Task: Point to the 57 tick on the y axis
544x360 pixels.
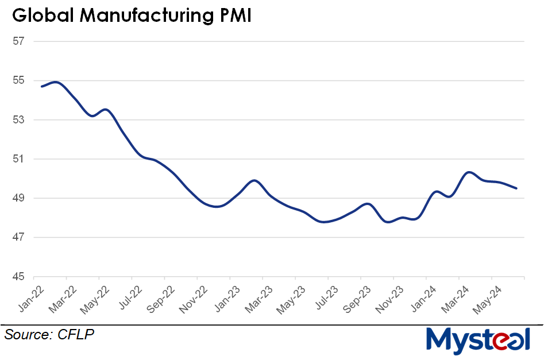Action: [20, 41]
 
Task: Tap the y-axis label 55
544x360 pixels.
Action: [20, 80]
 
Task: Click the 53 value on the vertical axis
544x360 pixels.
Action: [20, 120]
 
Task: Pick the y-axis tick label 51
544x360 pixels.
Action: [20, 159]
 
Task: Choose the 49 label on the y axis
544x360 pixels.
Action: [20, 198]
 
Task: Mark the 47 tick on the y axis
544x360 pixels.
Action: [20, 237]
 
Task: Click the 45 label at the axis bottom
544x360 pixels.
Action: [20, 277]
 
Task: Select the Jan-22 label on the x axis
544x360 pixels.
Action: [29, 298]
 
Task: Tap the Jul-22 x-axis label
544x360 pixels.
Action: [128, 298]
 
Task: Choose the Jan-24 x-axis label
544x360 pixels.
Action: [422, 298]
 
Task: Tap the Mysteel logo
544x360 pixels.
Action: [478, 339]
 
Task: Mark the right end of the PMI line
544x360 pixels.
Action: [516, 188]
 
